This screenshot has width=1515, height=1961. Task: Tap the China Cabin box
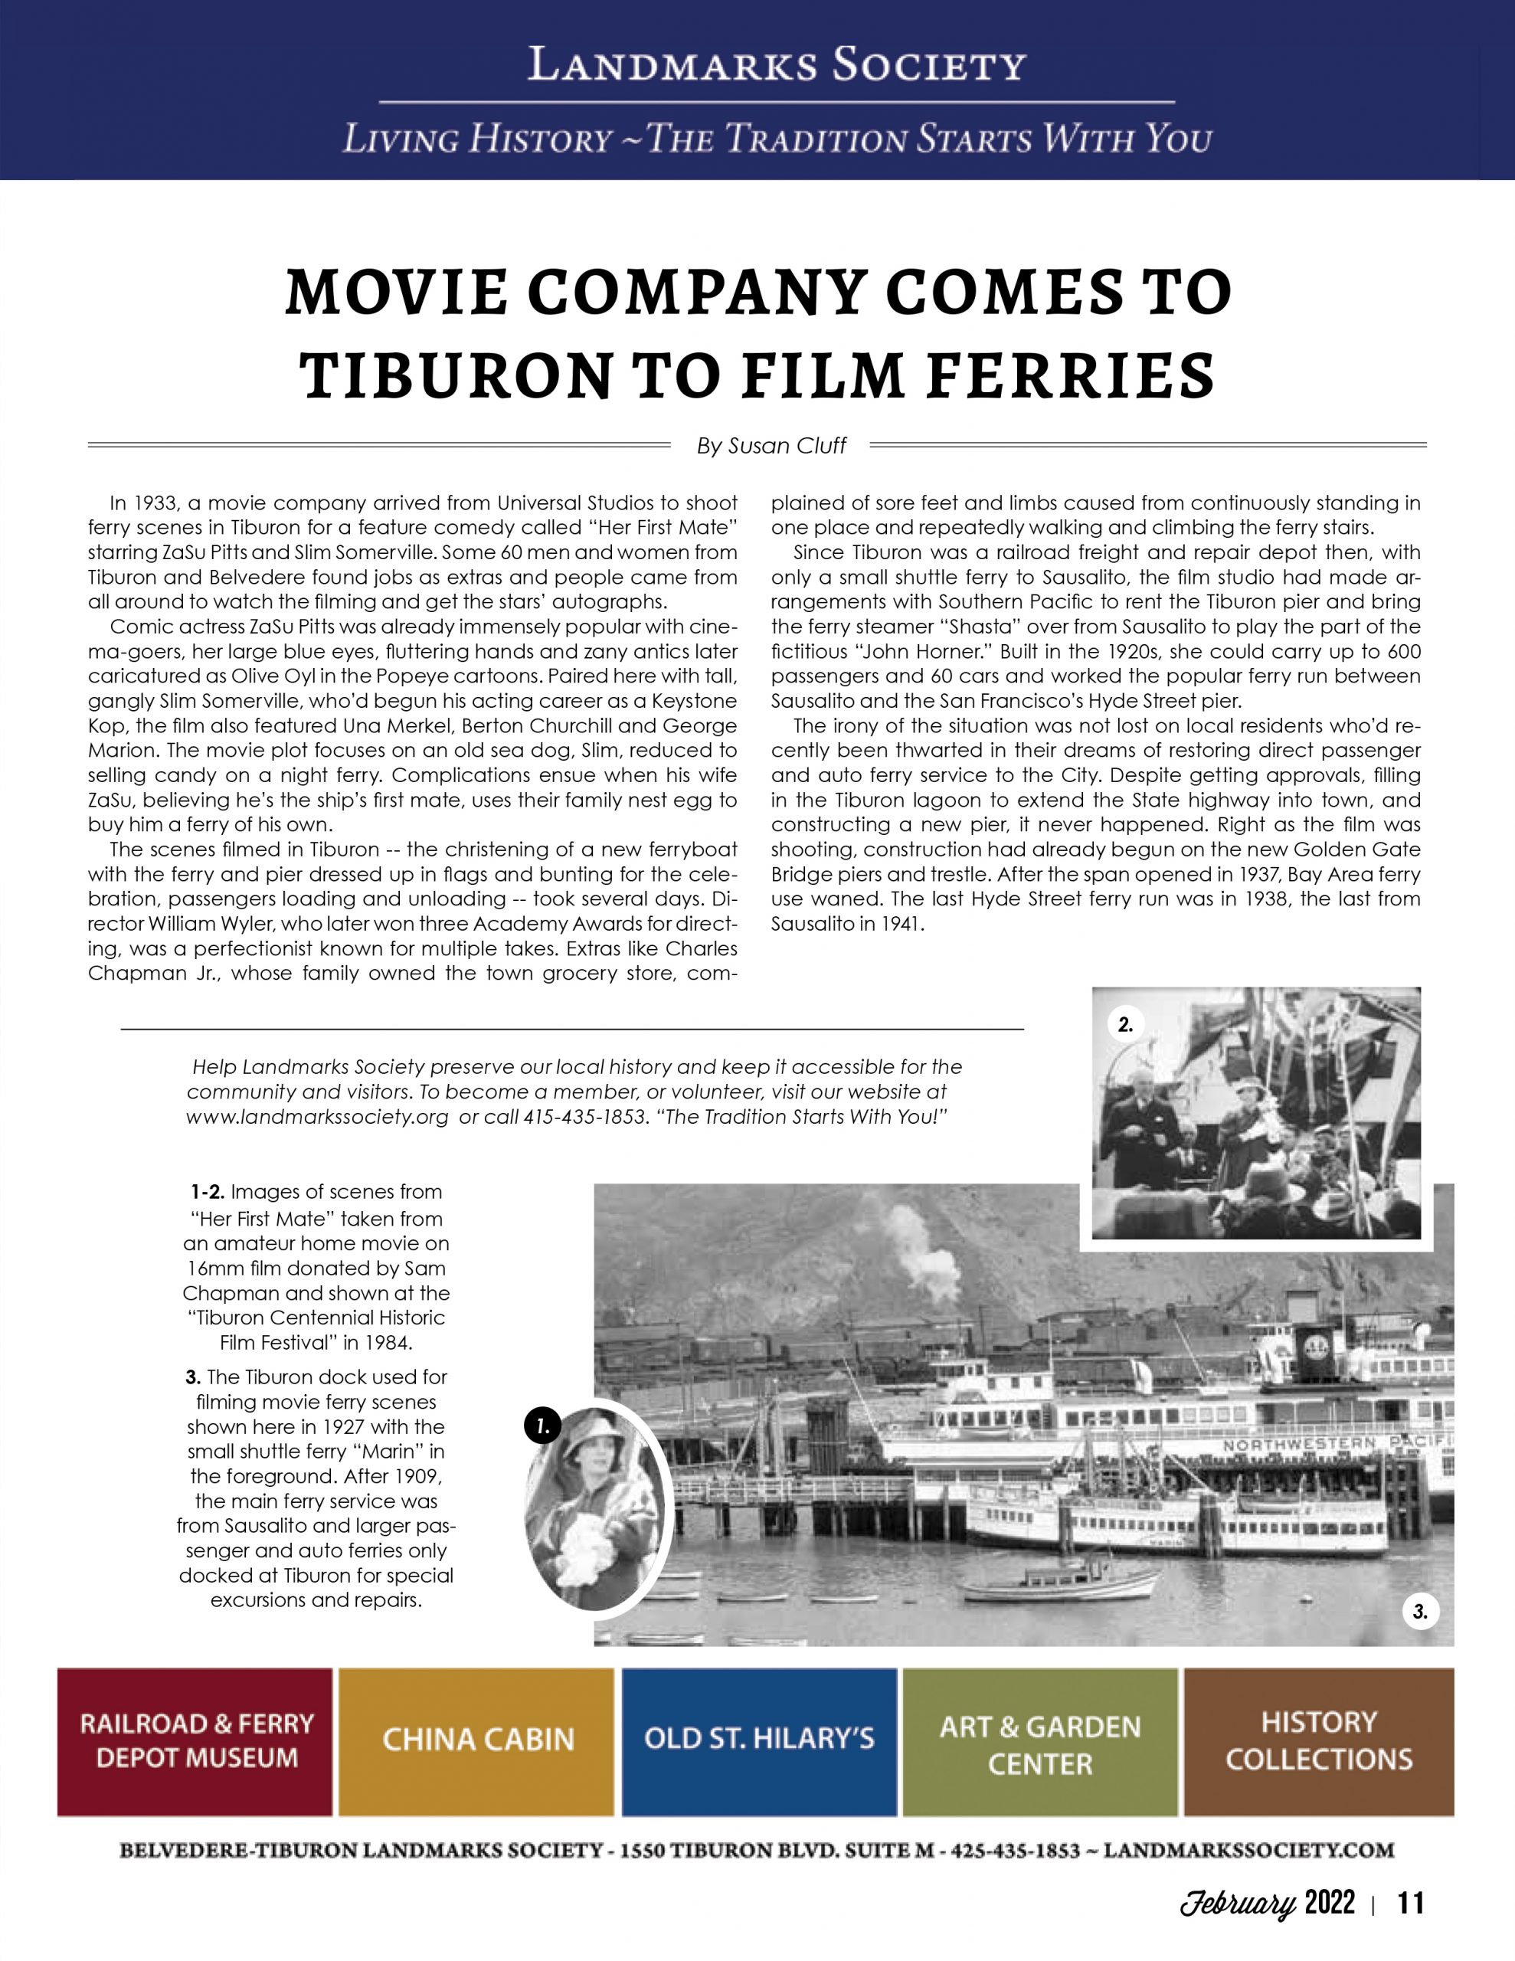click(477, 1741)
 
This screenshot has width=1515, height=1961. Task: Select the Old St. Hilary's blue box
click(759, 1741)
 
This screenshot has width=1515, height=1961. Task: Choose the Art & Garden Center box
click(1040, 1741)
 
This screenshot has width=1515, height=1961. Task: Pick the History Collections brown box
click(1318, 1741)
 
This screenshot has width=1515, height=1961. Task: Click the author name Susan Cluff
click(787, 447)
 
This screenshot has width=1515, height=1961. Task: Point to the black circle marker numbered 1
click(542, 1425)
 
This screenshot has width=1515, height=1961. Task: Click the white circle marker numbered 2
click(1125, 1024)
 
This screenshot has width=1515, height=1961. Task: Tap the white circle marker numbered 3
click(1420, 1612)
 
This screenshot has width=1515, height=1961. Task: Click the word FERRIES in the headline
click(1068, 376)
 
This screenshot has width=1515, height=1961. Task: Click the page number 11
click(1410, 1904)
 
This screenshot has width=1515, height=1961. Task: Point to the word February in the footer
click(1238, 1904)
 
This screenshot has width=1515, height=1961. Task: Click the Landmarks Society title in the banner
click(776, 66)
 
